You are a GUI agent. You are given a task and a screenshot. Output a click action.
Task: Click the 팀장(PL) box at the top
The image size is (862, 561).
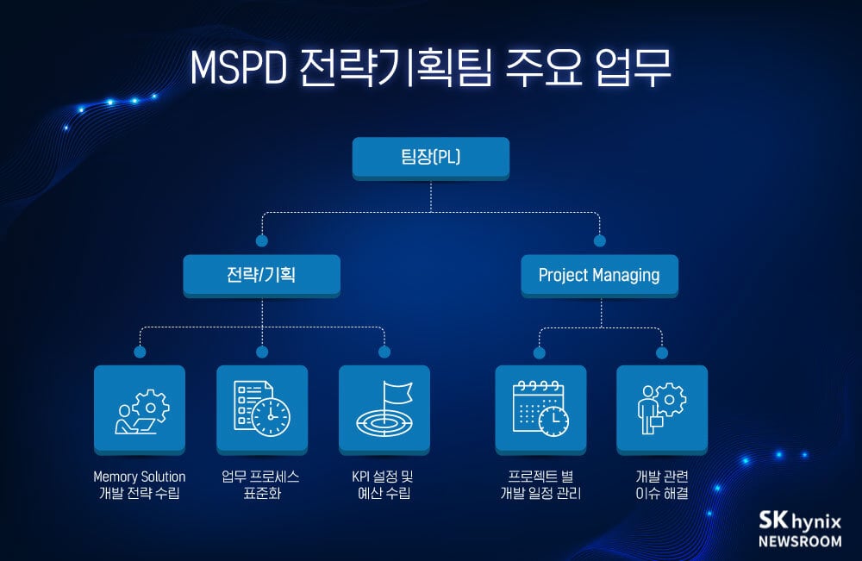pos(431,158)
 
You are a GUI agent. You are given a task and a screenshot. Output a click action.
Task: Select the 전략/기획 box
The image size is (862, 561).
pos(261,276)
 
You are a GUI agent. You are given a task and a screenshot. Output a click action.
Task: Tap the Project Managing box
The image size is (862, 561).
pos(599,276)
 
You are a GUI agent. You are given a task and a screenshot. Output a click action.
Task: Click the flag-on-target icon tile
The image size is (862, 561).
pos(384,409)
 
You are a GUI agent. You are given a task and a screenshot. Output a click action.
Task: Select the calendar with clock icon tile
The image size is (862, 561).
pos(540,409)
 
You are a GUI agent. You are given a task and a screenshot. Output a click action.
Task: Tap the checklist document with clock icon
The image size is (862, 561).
pos(262,409)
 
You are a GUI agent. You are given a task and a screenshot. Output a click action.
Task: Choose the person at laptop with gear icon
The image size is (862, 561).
pos(140,409)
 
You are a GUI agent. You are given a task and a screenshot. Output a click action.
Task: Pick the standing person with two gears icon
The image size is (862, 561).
pos(662,409)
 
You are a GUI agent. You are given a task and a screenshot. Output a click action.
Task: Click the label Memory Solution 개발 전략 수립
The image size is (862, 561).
pos(140,485)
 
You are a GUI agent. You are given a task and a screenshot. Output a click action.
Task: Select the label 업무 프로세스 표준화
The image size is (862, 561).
pos(262,485)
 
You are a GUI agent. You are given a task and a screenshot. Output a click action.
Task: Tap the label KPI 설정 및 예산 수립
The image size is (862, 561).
pos(384,485)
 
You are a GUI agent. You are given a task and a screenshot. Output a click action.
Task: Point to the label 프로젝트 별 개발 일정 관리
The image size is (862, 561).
pos(540,485)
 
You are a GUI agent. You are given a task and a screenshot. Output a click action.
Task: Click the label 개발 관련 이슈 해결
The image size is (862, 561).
pos(662,485)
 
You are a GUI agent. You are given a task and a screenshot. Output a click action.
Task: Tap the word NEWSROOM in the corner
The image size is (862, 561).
pos(800,541)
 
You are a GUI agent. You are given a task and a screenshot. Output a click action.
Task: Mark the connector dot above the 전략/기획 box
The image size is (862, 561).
pos(262,240)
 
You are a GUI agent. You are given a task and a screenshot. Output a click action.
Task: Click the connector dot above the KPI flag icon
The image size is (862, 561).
pos(384,352)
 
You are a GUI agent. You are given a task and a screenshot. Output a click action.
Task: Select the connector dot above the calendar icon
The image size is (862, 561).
pos(540,352)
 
